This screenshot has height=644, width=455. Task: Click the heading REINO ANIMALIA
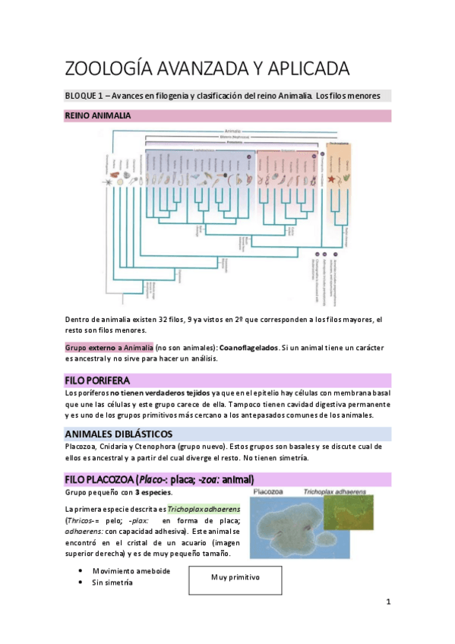coord(97,116)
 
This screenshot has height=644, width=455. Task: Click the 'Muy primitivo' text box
coord(235,577)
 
